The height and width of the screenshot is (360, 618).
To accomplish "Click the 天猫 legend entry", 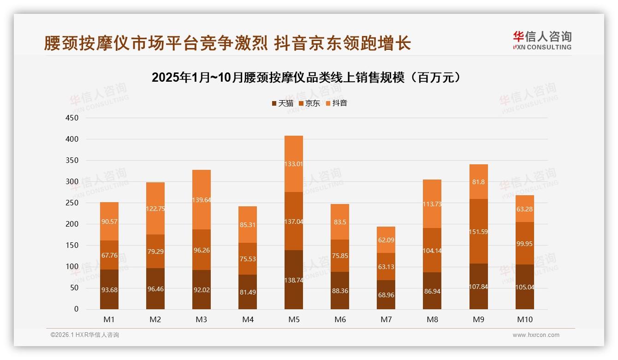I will coord(282,103).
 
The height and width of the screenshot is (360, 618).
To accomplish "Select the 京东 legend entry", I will coord(309,103).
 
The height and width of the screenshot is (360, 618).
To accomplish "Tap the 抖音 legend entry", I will coord(337,103).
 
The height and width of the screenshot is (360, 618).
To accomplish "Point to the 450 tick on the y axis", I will coord(72,118).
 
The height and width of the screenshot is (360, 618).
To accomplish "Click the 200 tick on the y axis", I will coord(72,224).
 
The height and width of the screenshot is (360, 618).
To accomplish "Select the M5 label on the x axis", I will coord(294,319).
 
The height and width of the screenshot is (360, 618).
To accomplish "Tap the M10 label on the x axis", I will coord(525,319).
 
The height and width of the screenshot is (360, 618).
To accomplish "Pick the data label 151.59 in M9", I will coord(479,232).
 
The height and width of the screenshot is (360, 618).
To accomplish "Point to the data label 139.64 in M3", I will coord(202,200).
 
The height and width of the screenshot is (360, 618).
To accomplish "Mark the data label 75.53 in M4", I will coord(248,259).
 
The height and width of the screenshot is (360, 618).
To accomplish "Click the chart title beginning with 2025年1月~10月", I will coord(307,78).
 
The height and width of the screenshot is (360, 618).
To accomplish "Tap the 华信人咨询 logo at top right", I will coord(542,40).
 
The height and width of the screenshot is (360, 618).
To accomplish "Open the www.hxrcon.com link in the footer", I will coord(536,335).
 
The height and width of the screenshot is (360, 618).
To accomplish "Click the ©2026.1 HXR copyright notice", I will coord(85,335).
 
